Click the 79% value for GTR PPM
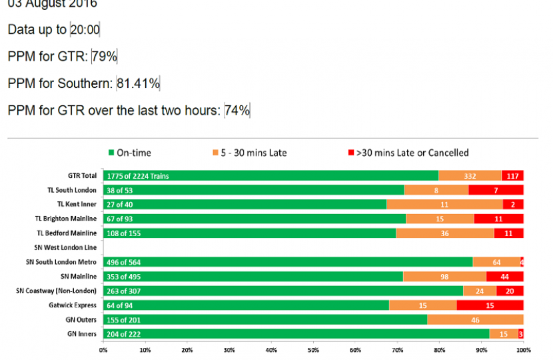coord(105,57)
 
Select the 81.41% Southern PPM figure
coord(138,83)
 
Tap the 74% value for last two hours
coord(237,110)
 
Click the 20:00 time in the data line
coord(85,30)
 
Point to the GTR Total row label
coord(82,176)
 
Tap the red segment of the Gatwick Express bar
coord(490,305)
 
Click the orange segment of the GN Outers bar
coord(475,320)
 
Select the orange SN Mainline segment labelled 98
coord(444,277)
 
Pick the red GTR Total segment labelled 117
coord(512,176)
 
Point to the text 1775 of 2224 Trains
coord(138,176)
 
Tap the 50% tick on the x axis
coord(313,349)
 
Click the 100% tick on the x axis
coord(523,349)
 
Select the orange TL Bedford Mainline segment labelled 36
coord(445,233)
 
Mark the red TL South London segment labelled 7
coord(496,190)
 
